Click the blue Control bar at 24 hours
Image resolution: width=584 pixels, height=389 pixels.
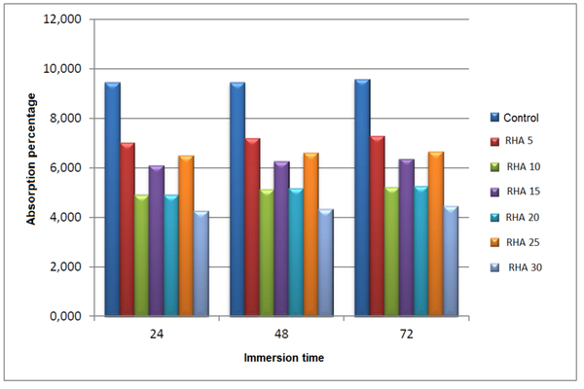point(112,199)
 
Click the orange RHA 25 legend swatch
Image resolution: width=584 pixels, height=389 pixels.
point(494,241)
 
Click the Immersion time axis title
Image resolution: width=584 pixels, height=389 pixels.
point(283,358)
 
